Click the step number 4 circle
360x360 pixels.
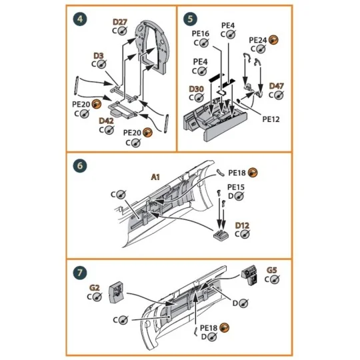coord(80,18)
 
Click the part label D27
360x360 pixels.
coord(119,22)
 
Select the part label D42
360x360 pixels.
coord(106,121)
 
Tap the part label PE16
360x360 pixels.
coord(201,33)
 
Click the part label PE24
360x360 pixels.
coord(257,41)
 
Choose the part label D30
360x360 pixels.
coord(196,89)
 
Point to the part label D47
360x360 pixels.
coord(276,86)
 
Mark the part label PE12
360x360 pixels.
coord(271,119)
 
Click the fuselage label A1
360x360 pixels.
coord(154,177)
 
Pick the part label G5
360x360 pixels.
coord(272,270)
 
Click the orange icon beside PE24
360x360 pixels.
coord(274,41)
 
